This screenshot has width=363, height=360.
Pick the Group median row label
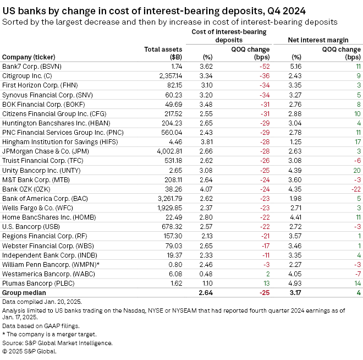click(25, 292)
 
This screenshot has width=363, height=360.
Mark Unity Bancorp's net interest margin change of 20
click(355, 168)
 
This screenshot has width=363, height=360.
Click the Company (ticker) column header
click(32, 57)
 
